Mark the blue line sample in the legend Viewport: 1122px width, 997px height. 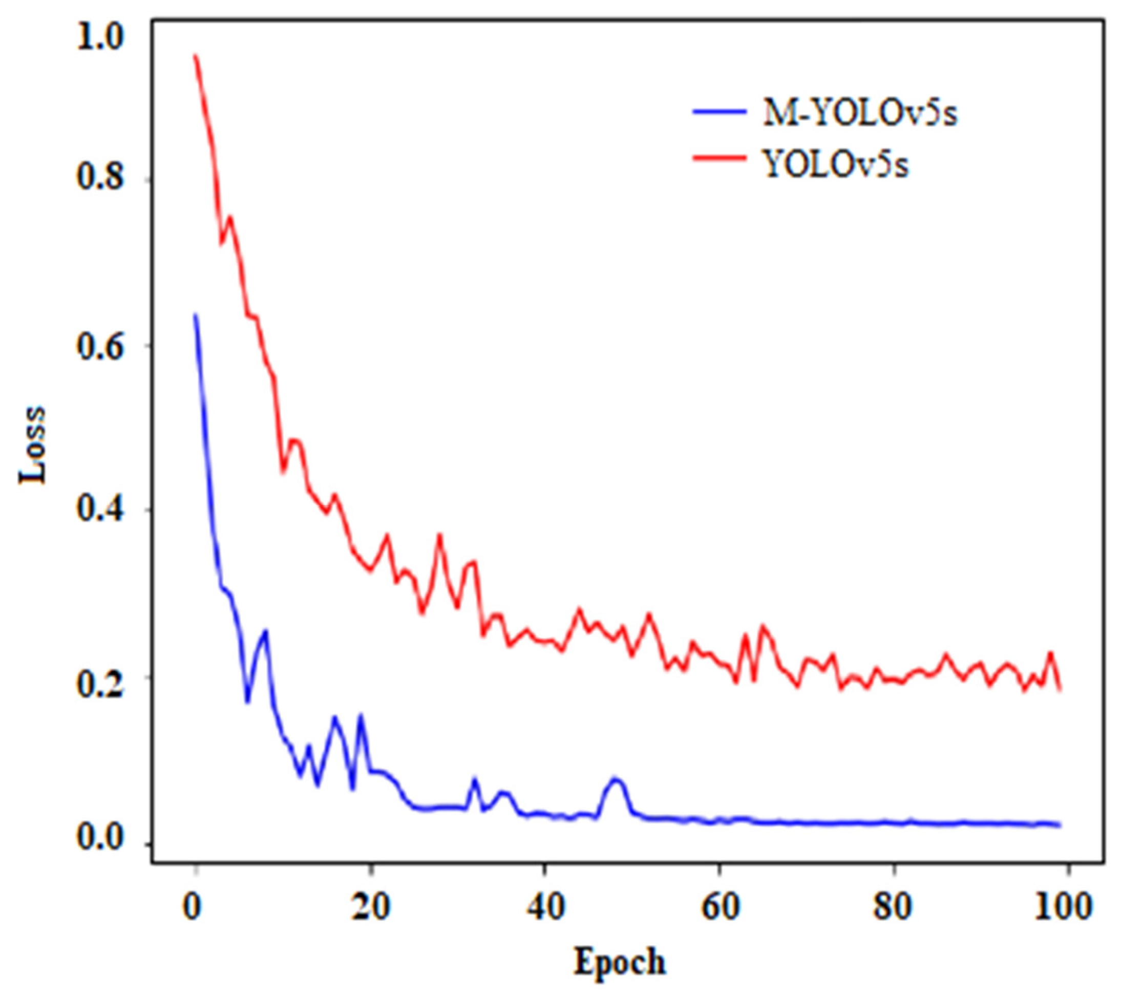(719, 112)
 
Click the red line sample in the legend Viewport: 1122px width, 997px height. (719, 159)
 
